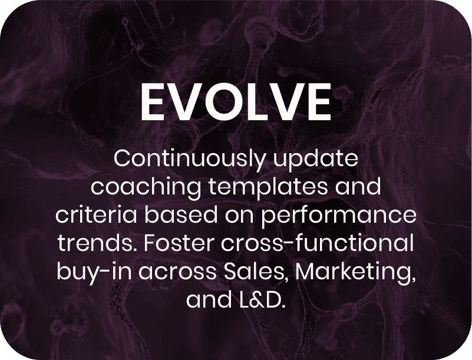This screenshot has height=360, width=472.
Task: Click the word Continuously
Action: coord(189,160)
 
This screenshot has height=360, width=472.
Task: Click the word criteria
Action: coord(96,215)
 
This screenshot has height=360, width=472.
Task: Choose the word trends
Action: coord(98,243)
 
